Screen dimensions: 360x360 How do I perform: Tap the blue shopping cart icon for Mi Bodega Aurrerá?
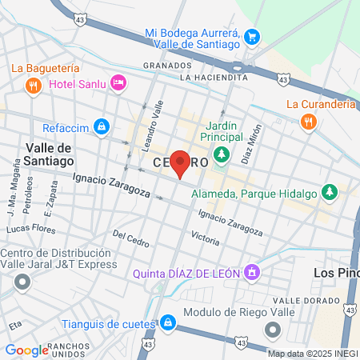coord(253,36)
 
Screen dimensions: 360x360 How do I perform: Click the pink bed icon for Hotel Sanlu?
coord(118,82)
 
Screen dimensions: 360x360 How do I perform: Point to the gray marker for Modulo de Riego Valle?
coord(273,329)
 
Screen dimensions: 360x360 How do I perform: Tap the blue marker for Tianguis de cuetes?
coord(167,322)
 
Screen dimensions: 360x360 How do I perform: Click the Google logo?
coord(26,350)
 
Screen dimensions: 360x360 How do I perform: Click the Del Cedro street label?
coord(131,238)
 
